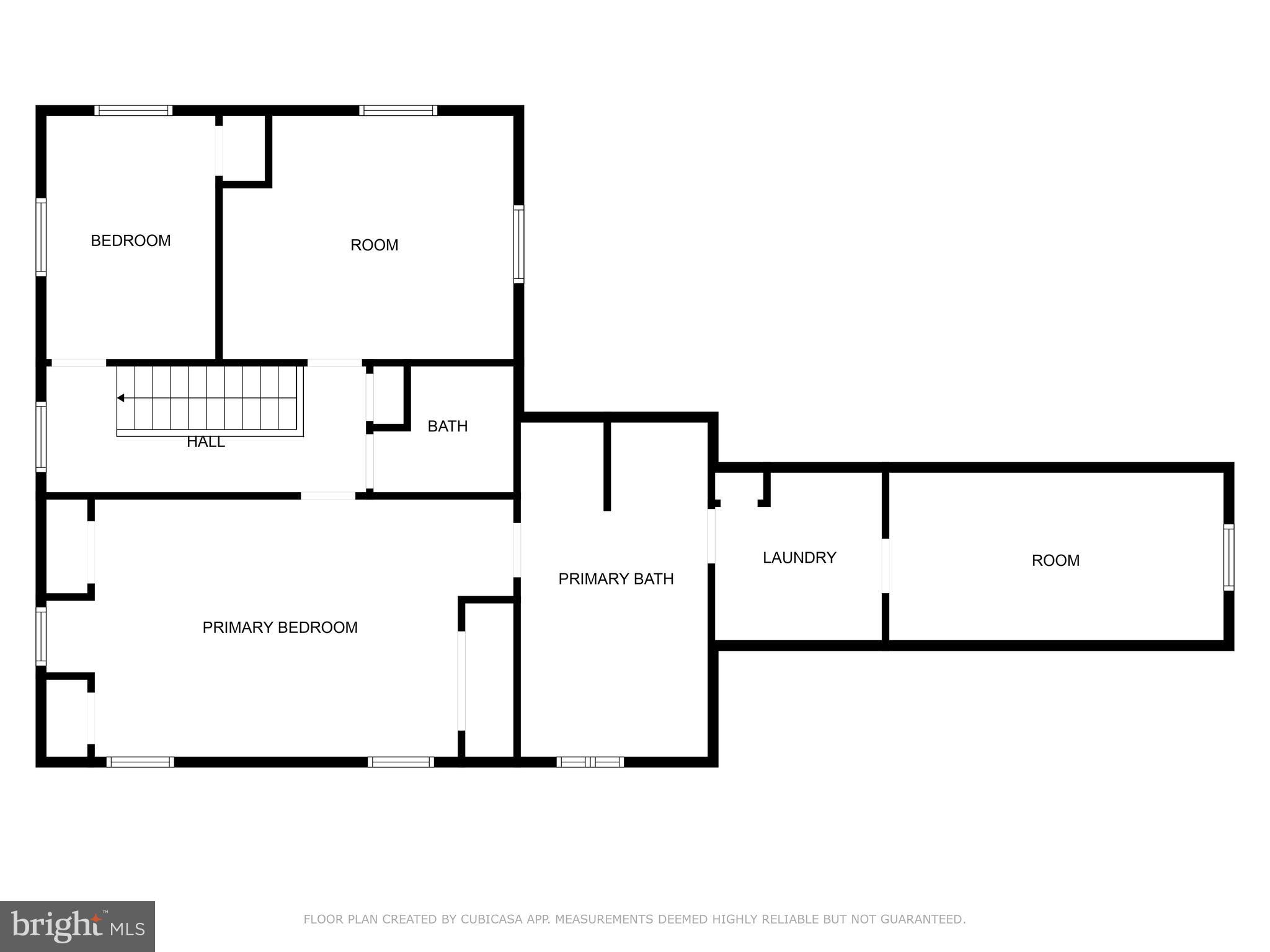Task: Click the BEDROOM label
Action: pos(131,240)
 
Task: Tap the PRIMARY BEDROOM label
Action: pos(280,627)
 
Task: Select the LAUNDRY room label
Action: pos(799,557)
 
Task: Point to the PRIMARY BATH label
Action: pos(616,578)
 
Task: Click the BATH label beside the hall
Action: pos(447,426)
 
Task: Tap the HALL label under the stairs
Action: pos(205,442)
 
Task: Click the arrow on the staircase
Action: pos(121,398)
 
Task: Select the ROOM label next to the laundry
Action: pos(1055,560)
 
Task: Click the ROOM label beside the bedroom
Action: pos(374,245)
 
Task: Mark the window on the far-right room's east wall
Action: pos(1228,557)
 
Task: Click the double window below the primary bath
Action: pos(590,762)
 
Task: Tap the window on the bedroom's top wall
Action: pos(133,110)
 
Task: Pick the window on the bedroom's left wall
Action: pos(41,236)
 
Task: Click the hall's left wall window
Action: pos(41,436)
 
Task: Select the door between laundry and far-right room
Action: pos(886,565)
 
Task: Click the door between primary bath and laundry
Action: pos(711,535)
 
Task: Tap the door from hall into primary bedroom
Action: pos(328,496)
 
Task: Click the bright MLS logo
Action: pos(77,926)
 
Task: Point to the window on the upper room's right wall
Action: pos(518,244)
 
